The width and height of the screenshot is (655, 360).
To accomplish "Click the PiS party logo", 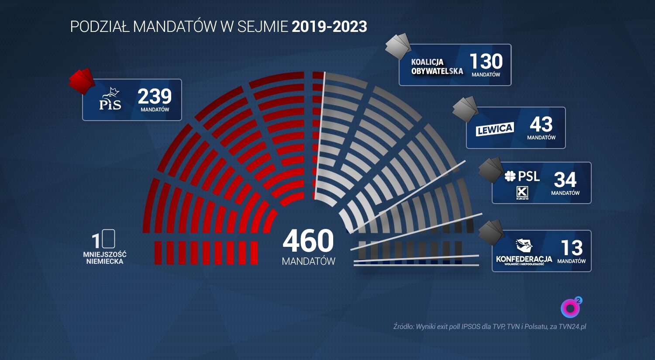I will tap(110, 99).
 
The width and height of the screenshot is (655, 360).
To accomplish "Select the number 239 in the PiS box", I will tap(155, 96).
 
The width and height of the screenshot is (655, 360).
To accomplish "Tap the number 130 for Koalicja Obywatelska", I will tap(486, 62).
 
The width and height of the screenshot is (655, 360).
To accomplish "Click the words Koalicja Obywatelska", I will tap(437, 66).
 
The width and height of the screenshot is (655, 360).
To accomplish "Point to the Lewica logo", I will tap(495, 129).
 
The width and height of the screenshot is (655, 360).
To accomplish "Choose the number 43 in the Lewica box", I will tap(541, 125).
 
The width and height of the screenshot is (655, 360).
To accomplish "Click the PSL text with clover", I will tap(522, 177).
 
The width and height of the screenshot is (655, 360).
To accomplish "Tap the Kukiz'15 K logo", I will tap(522, 192).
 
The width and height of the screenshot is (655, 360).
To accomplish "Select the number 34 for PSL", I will tap(565, 180).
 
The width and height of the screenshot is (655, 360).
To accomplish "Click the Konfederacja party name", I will tap(524, 259).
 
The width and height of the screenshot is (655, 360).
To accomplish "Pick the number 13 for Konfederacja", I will tap(572, 248).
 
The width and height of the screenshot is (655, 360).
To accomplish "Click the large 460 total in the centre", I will tap(308, 241).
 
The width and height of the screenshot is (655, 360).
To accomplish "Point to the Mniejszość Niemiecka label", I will tap(105, 258).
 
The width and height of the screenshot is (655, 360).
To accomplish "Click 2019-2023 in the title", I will tap(329, 27).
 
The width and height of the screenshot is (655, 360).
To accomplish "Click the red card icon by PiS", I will tap(82, 80).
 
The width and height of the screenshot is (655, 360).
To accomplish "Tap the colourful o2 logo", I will tap(571, 308).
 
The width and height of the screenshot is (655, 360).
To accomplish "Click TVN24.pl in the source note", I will tap(572, 326).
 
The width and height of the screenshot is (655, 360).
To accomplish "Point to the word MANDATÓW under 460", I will tap(308, 261).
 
